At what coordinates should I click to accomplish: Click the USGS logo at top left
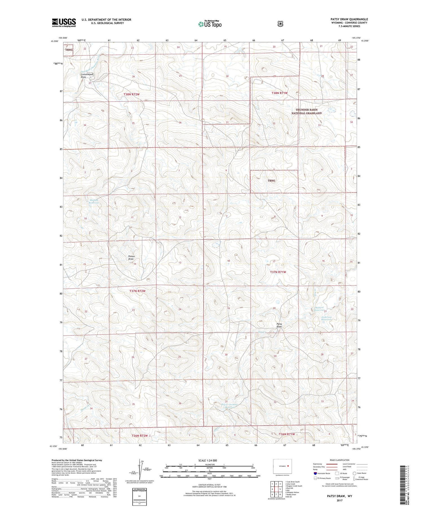tap(64, 23)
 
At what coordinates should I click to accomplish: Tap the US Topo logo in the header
tap(210, 24)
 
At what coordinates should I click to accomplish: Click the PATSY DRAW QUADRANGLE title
tap(349, 19)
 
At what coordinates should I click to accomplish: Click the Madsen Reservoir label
tap(94, 201)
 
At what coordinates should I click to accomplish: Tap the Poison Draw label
tap(131, 258)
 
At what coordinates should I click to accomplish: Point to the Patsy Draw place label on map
tap(279, 325)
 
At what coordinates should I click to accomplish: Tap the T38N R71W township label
tap(279, 93)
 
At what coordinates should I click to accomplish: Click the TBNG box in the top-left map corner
tap(69, 50)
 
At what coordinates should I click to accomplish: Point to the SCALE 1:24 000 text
tap(208, 460)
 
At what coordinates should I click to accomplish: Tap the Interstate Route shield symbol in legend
tap(315, 473)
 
